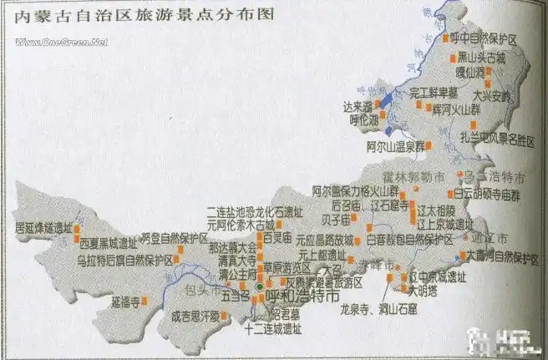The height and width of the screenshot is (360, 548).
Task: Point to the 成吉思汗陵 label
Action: pyautogui.click(x=193, y=316)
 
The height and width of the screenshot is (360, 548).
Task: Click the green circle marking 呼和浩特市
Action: pyautogui.click(x=259, y=286)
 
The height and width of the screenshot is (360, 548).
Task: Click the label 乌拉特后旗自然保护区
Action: pyautogui.click(x=124, y=260)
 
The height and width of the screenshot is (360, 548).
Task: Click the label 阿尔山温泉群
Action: pyautogui.click(x=394, y=146)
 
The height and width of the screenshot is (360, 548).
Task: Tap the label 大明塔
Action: pyautogui.click(x=422, y=290)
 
